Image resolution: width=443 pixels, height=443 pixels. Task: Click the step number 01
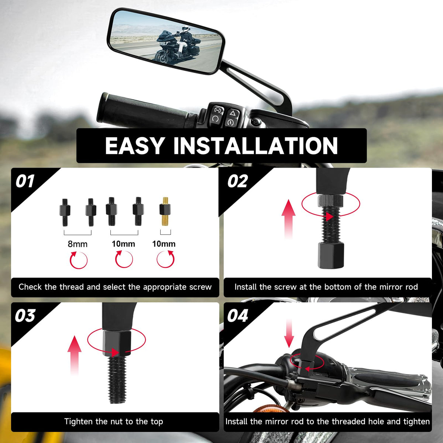click(25, 181)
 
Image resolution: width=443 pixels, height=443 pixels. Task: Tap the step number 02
click(238, 181)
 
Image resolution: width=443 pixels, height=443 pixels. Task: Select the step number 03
click(25, 316)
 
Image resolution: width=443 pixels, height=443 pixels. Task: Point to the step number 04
click(238, 316)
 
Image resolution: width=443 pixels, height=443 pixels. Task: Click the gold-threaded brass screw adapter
click(165, 212)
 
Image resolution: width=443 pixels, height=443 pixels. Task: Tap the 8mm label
click(78, 244)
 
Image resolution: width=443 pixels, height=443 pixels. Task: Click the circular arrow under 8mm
click(78, 260)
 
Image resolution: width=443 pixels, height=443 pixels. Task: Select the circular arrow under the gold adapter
click(165, 259)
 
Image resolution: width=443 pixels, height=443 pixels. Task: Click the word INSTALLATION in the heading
click(255, 146)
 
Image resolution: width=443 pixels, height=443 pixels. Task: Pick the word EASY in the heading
click(135, 146)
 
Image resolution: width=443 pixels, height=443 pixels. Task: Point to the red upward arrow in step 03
click(75, 355)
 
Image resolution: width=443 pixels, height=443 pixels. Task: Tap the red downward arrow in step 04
click(289, 333)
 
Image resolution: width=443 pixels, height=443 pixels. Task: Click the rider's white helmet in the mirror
click(185, 28)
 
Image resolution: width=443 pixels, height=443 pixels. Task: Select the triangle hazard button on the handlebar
click(233, 113)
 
